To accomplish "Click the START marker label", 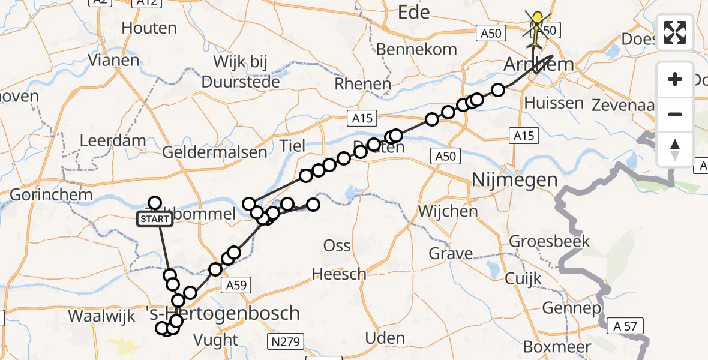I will tap(155, 220).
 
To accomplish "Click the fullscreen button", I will tap(675, 32).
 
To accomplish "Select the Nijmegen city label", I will tap(515, 179).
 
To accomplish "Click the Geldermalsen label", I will tap(215, 152).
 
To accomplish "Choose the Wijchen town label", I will tap(448, 211).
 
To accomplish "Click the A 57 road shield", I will tap(625, 327).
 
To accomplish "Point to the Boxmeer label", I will tap(557, 347).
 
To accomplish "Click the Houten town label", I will tap(149, 28).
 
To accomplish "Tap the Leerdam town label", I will tap(113, 142).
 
